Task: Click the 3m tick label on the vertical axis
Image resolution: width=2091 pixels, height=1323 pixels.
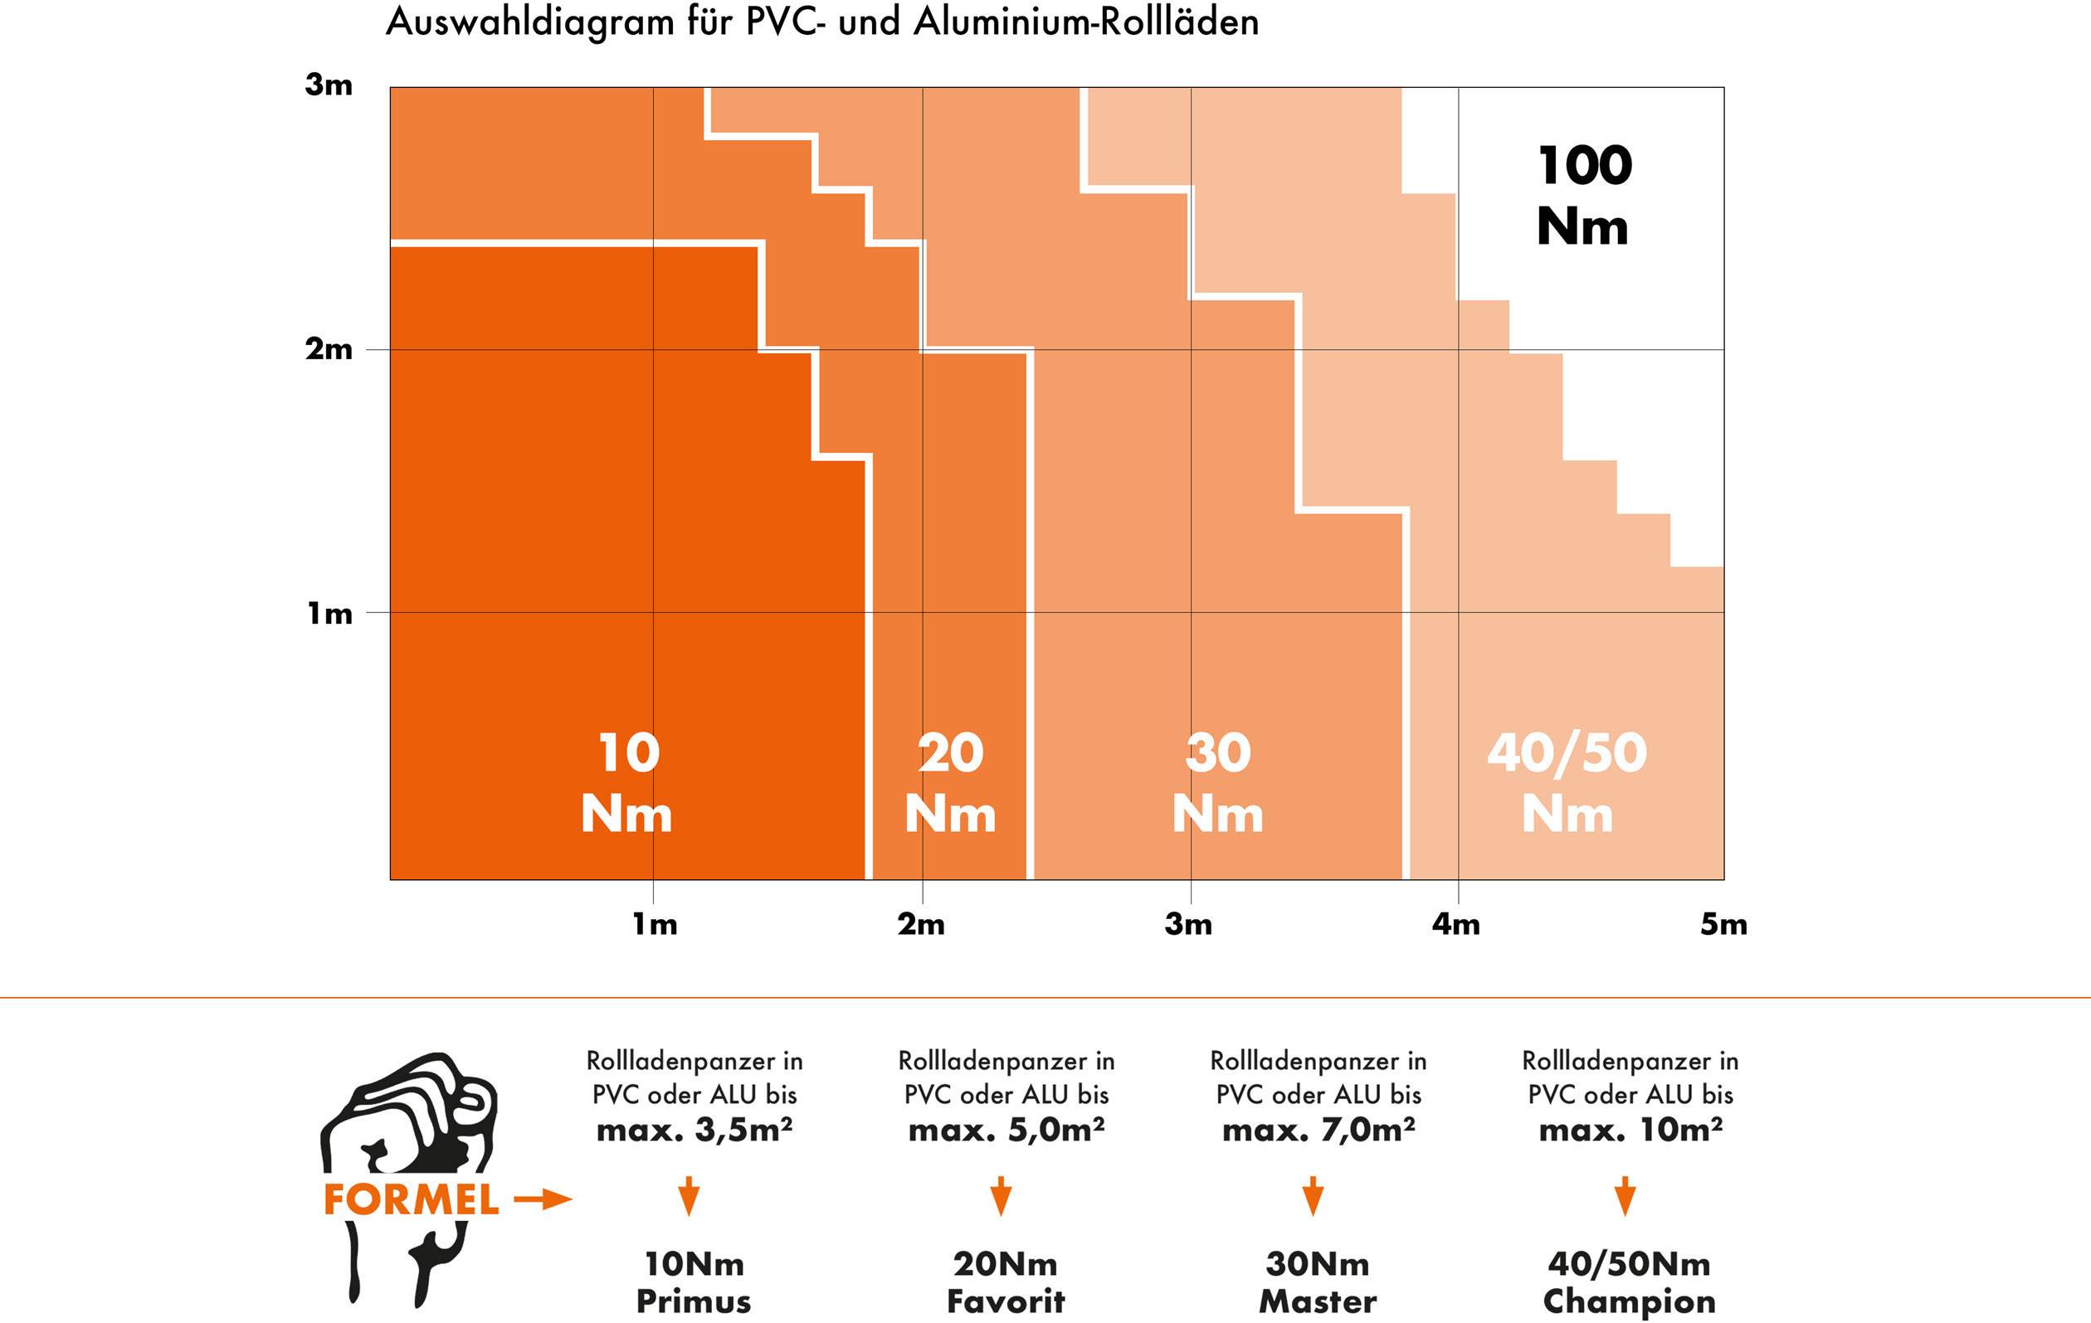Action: [329, 85]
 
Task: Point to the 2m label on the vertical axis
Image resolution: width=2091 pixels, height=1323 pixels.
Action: [329, 349]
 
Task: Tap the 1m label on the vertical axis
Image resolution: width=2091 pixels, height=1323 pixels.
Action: [330, 614]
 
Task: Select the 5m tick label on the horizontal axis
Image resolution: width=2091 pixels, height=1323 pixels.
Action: [1723, 925]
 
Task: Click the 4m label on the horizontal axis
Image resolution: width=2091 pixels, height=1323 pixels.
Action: [1456, 925]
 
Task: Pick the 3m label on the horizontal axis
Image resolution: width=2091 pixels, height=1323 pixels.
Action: [1189, 925]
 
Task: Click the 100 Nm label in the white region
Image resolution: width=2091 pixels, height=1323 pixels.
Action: [1583, 197]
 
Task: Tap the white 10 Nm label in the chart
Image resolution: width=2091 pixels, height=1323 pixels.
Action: [627, 783]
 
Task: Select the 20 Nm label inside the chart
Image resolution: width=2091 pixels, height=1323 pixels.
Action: [950, 783]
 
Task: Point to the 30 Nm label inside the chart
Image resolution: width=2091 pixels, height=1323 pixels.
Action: [1217, 783]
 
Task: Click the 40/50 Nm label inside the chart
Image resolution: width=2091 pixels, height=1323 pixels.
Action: [1567, 783]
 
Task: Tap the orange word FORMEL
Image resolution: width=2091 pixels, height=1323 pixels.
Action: [411, 1199]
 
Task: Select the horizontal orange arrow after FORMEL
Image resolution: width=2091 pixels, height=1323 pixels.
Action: [543, 1200]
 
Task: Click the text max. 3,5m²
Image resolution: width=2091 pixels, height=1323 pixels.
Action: [694, 1130]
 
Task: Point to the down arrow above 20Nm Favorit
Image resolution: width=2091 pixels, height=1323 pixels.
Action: [1001, 1196]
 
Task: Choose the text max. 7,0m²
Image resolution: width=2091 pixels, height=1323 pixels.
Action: [1318, 1130]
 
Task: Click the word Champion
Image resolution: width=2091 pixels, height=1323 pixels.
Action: [1629, 1301]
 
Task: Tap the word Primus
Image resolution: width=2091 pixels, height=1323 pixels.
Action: [693, 1301]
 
